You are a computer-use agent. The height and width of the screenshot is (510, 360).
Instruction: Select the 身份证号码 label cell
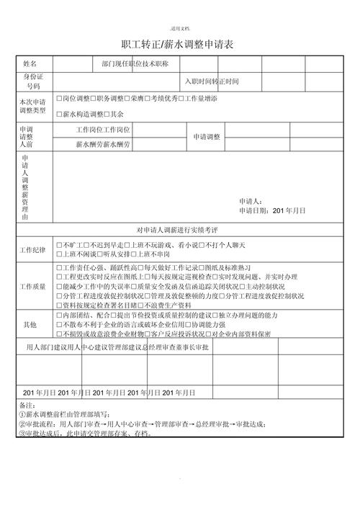click(x=34, y=81)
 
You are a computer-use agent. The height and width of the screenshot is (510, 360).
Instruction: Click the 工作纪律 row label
click(x=33, y=250)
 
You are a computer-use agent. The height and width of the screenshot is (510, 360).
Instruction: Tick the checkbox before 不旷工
click(x=58, y=246)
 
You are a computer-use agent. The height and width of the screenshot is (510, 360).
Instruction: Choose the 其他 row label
click(x=30, y=325)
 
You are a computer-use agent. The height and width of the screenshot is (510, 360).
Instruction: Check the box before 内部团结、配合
click(x=58, y=316)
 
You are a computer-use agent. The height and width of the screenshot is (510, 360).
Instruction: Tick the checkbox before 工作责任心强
click(x=58, y=267)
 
